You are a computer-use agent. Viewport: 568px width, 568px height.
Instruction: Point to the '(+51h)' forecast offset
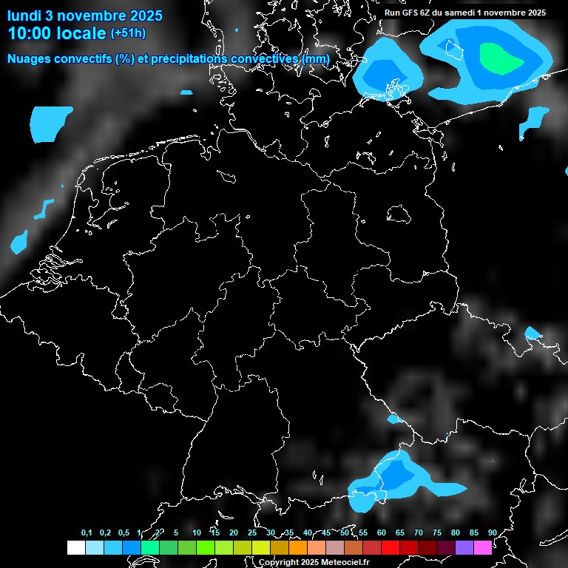pyautogui.click(x=128, y=33)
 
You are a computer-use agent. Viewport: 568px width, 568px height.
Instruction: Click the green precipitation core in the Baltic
pyautogui.click(x=499, y=58)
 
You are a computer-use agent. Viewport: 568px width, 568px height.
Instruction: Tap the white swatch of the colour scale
pyautogui.click(x=75, y=547)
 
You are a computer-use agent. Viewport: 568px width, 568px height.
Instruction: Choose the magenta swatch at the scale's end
pyautogui.click(x=482, y=547)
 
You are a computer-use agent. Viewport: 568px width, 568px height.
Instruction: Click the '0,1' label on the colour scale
pyautogui.click(x=87, y=533)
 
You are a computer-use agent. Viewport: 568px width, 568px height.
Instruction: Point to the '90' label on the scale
pyautogui.click(x=492, y=533)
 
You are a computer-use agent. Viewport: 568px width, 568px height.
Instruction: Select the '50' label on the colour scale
pyautogui.click(x=345, y=533)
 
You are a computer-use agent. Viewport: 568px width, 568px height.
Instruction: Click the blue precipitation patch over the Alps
pyautogui.click(x=396, y=476)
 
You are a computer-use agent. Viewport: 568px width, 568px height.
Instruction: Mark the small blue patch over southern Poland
pyautogui.click(x=532, y=332)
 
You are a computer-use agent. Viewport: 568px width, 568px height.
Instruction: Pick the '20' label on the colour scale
pyautogui.click(x=234, y=533)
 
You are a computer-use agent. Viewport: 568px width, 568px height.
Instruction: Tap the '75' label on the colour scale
pyautogui.click(x=436, y=533)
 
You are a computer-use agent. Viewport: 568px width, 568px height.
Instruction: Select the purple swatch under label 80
pyautogui.click(x=464, y=547)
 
